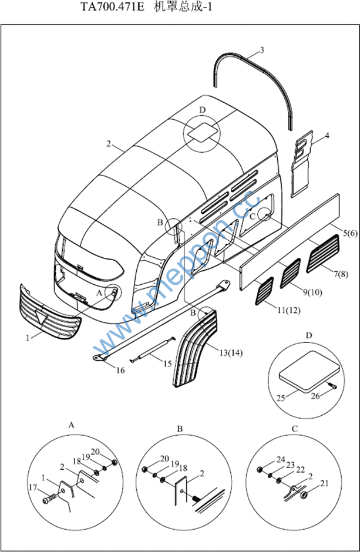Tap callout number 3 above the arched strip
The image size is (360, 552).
(x=261, y=50)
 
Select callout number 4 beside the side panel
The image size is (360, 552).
(x=327, y=136)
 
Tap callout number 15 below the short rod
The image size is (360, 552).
(x=167, y=363)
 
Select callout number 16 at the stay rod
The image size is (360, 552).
(x=120, y=370)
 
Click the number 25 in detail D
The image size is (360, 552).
(x=282, y=398)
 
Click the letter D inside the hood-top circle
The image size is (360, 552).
(x=203, y=110)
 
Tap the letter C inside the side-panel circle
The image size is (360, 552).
(x=253, y=216)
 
